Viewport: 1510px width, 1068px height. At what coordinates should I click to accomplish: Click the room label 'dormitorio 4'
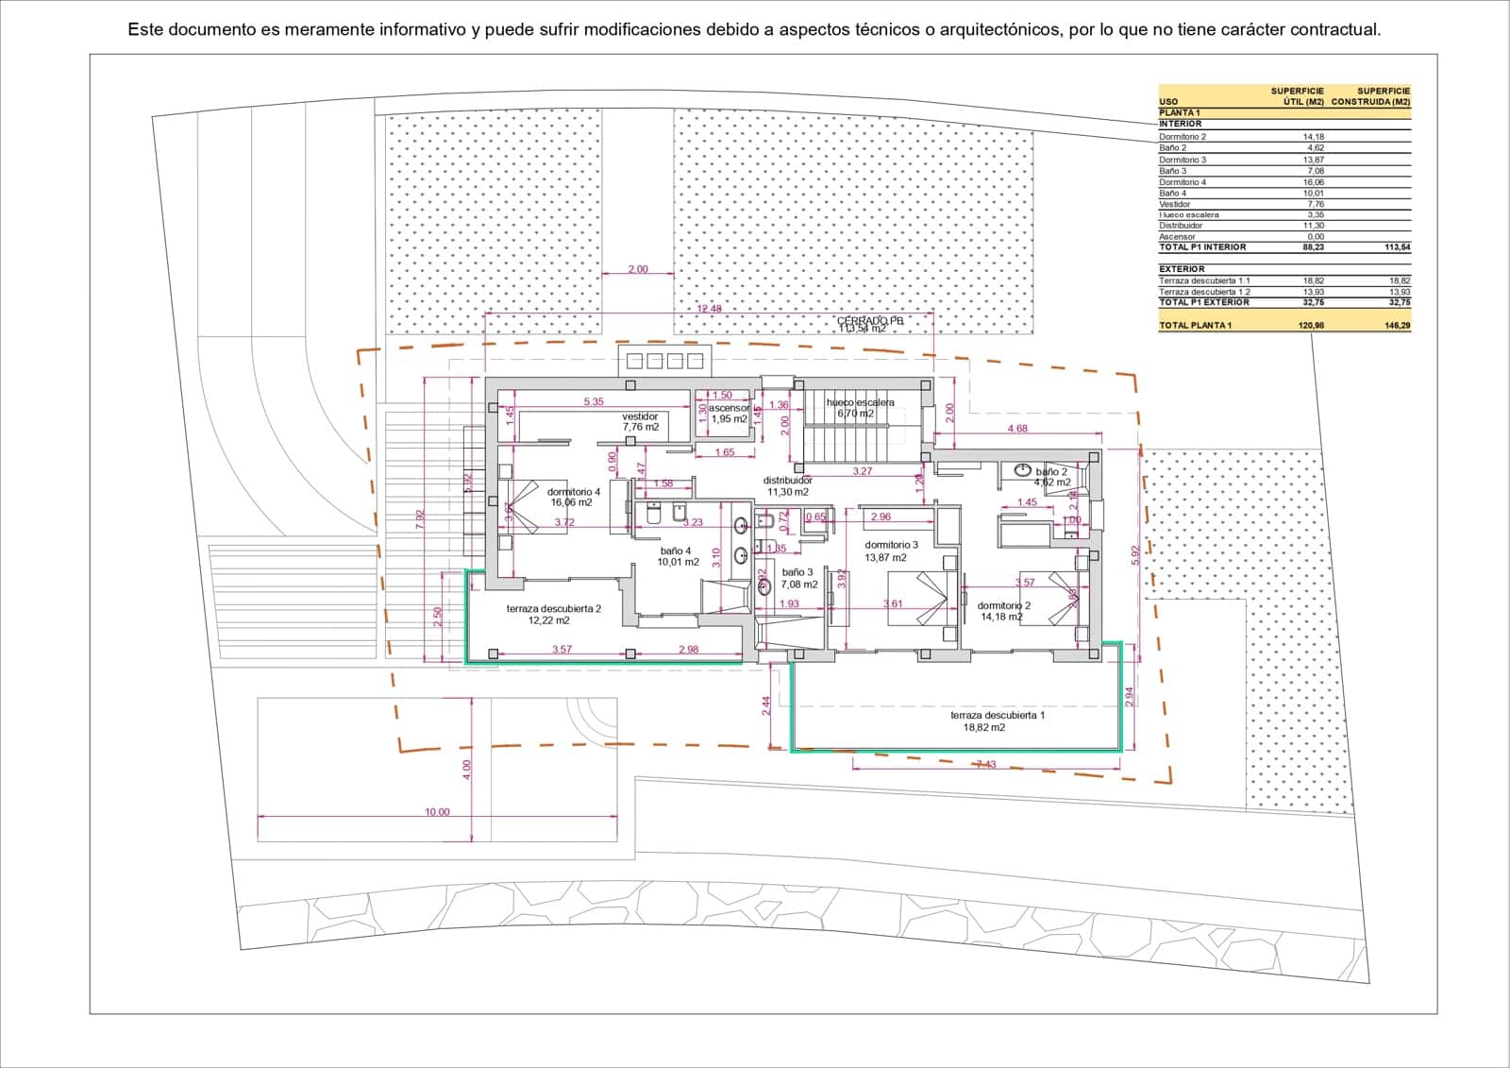pyautogui.click(x=573, y=492)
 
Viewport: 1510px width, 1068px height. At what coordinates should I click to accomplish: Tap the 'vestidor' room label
pyautogui.click(x=640, y=416)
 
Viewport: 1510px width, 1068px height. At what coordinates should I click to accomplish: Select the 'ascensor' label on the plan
pyautogui.click(x=729, y=408)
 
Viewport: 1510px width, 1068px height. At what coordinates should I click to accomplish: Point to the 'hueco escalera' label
pyautogui.click(x=860, y=402)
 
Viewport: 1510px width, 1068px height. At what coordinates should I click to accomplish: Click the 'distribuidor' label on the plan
pyautogui.click(x=788, y=481)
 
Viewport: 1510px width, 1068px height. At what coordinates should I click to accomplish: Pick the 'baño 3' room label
pyautogui.click(x=797, y=572)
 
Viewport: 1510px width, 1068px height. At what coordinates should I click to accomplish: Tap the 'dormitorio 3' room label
pyautogui.click(x=891, y=545)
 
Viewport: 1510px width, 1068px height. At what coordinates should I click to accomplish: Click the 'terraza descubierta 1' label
pyautogui.click(x=997, y=716)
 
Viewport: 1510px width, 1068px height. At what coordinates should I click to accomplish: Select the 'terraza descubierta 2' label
pyautogui.click(x=553, y=609)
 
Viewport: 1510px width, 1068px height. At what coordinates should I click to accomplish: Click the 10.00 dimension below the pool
pyautogui.click(x=437, y=812)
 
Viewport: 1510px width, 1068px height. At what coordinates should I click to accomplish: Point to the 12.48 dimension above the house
pyautogui.click(x=709, y=309)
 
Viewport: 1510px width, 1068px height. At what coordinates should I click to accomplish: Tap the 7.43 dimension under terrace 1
pyautogui.click(x=985, y=764)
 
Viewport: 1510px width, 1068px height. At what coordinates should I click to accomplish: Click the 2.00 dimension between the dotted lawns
pyautogui.click(x=638, y=269)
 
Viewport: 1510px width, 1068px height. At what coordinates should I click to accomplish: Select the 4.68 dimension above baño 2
pyautogui.click(x=1017, y=429)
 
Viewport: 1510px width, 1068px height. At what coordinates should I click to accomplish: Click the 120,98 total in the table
pyautogui.click(x=1311, y=325)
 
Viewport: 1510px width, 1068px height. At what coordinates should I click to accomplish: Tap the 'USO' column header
pyautogui.click(x=1167, y=102)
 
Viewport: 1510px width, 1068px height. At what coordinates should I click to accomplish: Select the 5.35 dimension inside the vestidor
pyautogui.click(x=594, y=402)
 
